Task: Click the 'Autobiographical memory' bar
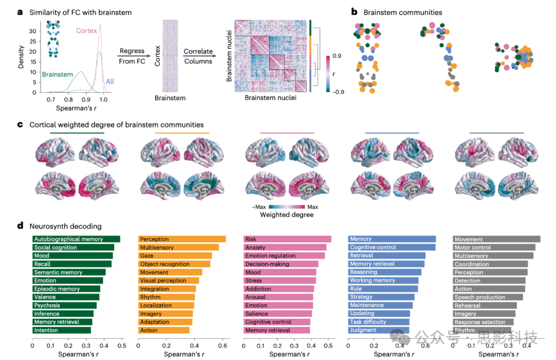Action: [76, 239]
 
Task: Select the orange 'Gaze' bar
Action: [175, 255]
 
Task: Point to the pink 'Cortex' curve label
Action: [86, 31]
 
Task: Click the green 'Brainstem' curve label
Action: [57, 75]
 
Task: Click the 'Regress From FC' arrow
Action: [135, 57]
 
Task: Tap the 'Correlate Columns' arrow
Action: [199, 57]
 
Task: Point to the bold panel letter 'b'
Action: [354, 11]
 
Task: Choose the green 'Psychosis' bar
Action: [64, 305]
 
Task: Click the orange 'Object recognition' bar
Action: [174, 264]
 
